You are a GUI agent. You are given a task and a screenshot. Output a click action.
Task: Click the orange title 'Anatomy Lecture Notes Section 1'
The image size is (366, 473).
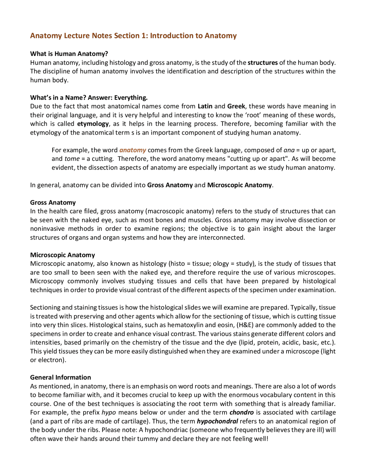point(133,36)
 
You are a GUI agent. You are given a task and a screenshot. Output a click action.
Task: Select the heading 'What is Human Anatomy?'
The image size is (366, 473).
point(69,54)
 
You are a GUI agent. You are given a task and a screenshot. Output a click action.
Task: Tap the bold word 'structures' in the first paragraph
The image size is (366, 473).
point(262,63)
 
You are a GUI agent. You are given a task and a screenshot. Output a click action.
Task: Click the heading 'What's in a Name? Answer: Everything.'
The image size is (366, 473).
point(89,98)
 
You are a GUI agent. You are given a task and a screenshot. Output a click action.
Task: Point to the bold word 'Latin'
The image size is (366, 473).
point(205,106)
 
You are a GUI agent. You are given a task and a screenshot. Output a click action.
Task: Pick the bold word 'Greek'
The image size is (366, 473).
point(236,106)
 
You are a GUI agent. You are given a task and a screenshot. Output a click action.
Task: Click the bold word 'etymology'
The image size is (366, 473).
point(93,124)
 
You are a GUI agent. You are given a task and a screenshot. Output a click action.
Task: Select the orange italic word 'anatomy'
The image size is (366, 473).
point(133,150)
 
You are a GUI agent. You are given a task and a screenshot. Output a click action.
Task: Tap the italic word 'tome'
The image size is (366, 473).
point(72,159)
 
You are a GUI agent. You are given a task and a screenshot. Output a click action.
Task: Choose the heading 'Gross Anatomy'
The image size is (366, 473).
point(53,203)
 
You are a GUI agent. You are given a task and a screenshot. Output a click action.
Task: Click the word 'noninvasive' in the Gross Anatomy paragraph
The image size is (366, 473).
point(47,229)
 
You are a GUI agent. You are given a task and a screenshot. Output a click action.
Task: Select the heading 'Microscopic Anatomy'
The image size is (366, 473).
point(62,255)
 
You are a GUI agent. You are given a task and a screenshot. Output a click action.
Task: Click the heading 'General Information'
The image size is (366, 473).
point(60,377)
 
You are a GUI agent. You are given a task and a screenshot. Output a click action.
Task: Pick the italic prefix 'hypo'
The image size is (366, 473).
point(109,412)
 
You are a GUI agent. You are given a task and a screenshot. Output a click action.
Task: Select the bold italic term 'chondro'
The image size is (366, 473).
point(242,412)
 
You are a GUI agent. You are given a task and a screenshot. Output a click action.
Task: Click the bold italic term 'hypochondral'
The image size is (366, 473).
point(217,421)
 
